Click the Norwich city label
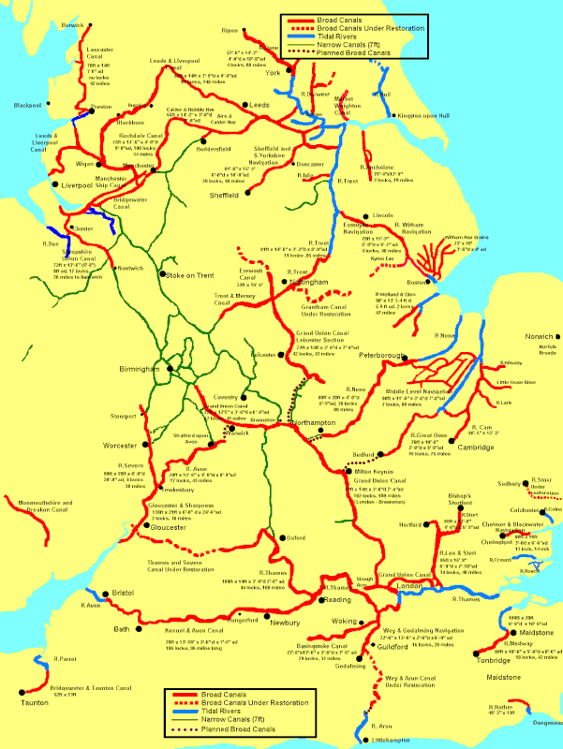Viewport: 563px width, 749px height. click(x=539, y=336)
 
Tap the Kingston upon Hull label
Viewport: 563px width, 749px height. click(x=430, y=115)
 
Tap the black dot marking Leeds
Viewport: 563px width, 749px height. click(x=245, y=104)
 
